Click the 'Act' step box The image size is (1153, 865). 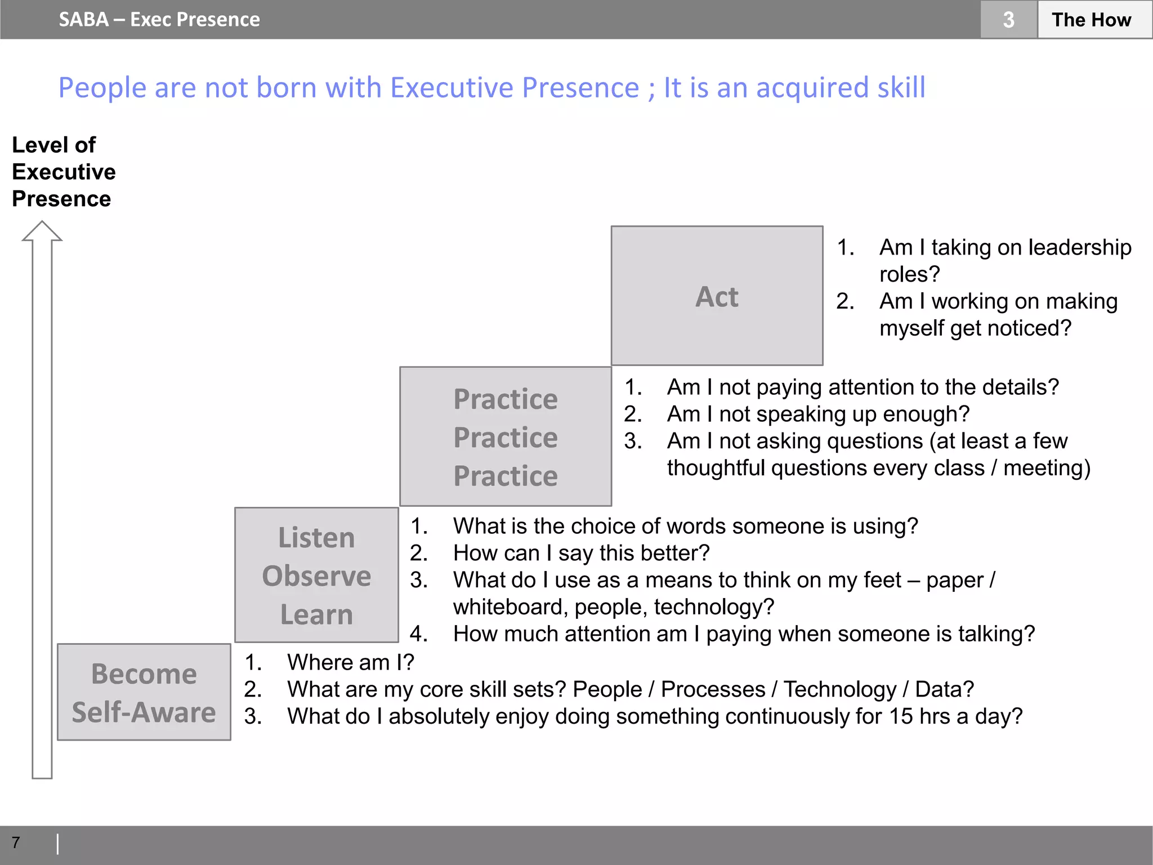coord(717,296)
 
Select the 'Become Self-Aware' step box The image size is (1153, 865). coord(144,692)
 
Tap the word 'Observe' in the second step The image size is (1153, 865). coord(316,576)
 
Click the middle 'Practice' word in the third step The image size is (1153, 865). coord(506,438)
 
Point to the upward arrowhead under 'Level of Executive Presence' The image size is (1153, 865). coord(42,231)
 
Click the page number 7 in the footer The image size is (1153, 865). coord(16,842)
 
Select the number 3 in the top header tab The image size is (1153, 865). coord(1008,20)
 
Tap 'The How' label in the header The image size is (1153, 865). coord(1091,20)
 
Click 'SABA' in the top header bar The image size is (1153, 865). coord(84,20)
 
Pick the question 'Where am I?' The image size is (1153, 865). coord(350,662)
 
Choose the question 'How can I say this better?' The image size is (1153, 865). coord(581,553)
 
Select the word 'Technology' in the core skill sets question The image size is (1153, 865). coord(840,689)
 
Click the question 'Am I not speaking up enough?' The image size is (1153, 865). coord(818,414)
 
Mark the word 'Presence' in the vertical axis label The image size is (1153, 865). coord(61,199)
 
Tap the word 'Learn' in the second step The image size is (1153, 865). coord(316,614)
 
